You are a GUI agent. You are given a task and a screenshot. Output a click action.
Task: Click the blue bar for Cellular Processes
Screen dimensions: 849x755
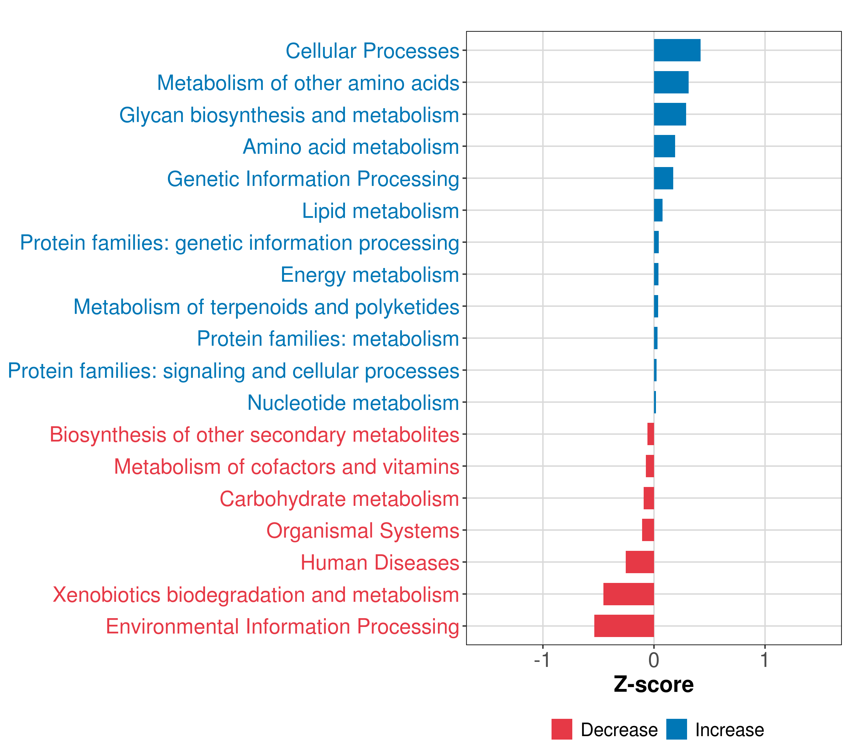coord(677,50)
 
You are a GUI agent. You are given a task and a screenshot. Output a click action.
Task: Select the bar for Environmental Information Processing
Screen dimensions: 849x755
coord(624,626)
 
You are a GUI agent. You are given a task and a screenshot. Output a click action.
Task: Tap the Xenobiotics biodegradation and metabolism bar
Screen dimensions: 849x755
coord(629,594)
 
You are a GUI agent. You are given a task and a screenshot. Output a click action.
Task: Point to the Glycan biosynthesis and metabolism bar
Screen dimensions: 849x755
coord(670,114)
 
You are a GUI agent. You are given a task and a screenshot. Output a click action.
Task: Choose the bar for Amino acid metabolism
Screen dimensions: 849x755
coord(665,146)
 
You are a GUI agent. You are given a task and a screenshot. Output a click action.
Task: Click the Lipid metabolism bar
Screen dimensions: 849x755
coord(658,210)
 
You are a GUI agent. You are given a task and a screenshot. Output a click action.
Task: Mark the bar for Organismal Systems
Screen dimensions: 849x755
coord(648,530)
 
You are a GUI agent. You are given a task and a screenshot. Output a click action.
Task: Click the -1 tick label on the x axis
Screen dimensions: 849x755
coord(542,660)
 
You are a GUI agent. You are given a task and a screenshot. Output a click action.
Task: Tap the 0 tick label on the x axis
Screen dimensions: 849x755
coord(654,660)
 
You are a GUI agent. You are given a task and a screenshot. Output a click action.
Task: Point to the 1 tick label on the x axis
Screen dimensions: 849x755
coord(765,660)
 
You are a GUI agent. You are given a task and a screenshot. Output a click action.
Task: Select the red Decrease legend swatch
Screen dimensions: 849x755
coord(562,729)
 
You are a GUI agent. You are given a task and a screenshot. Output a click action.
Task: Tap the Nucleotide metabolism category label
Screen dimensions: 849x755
coord(353,403)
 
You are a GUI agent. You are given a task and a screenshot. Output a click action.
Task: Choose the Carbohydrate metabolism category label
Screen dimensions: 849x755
coord(339,499)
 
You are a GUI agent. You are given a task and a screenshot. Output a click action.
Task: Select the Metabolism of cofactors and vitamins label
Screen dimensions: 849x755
coord(286,467)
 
